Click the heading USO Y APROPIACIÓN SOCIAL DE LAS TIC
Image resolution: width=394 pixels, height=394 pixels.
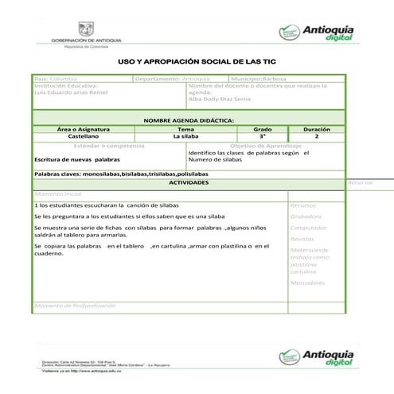tap(194, 61)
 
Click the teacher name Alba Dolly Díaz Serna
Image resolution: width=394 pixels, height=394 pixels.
tap(220, 100)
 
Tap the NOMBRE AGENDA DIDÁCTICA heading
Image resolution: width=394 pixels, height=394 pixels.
tap(188, 119)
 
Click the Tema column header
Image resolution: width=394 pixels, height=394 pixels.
tap(185, 128)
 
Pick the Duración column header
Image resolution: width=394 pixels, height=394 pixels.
tap(317, 128)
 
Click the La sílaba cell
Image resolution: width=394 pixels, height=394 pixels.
tap(185, 136)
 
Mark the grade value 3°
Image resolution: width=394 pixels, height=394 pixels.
tap(262, 136)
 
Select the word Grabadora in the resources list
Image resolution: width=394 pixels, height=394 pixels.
tap(306, 216)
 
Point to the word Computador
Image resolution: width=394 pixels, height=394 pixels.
tap(309, 227)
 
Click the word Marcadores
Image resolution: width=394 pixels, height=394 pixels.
tap(307, 282)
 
